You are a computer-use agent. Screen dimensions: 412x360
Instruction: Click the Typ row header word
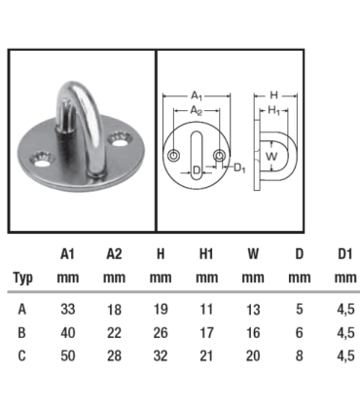pyautogui.click(x=24, y=277)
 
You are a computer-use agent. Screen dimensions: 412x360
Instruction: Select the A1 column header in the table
pyautogui.click(x=67, y=254)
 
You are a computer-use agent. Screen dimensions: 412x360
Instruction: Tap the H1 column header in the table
pyautogui.click(x=206, y=254)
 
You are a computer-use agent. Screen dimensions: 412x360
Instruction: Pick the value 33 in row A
pyautogui.click(x=67, y=309)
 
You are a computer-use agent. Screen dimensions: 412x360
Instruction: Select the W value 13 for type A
pyautogui.click(x=253, y=309)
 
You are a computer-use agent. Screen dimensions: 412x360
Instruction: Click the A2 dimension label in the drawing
pyautogui.click(x=197, y=111)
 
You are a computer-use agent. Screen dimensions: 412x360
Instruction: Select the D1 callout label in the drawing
pyautogui.click(x=238, y=169)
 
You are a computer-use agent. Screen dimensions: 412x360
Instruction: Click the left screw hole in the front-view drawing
pyautogui.click(x=173, y=157)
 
